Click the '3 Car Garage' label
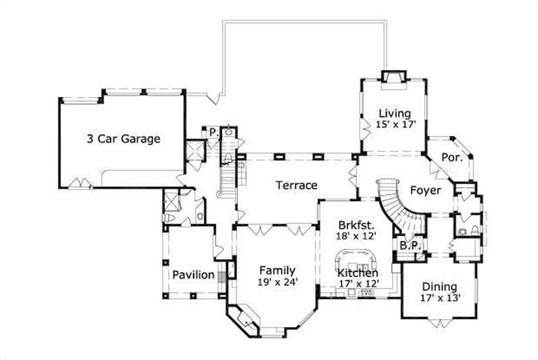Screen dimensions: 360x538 click(123, 139)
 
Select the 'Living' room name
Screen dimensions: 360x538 click(394, 113)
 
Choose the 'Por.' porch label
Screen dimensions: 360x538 click(451, 157)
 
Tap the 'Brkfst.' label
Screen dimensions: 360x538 click(354, 225)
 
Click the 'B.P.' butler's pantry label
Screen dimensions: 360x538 click(410, 246)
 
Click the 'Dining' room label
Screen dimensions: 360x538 click(439, 286)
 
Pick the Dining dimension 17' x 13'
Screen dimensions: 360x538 click(439, 297)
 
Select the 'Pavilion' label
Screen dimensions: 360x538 click(193, 275)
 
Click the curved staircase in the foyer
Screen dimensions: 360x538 click(397, 202)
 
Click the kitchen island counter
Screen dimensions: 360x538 click(354, 258)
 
